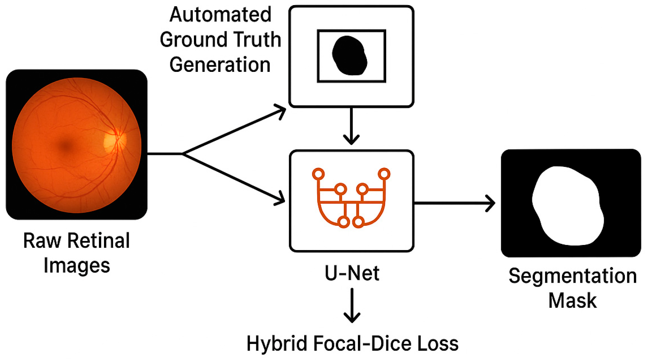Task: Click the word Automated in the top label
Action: pos(220,15)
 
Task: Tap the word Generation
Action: pos(220,65)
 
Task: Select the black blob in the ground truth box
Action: pos(350,56)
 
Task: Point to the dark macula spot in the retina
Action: pos(66,146)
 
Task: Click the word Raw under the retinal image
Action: pos(42,241)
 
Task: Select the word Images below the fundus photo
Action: pos(77,266)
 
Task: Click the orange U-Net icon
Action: pos(351,198)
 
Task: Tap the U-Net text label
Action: pos(352,273)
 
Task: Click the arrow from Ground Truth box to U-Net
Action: pos(351,126)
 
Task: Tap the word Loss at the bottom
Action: pos(438,344)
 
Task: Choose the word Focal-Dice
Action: pos(362,344)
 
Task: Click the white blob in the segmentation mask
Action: pos(568,205)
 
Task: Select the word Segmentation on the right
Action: pos(572,276)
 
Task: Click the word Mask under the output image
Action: pos(572,301)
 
